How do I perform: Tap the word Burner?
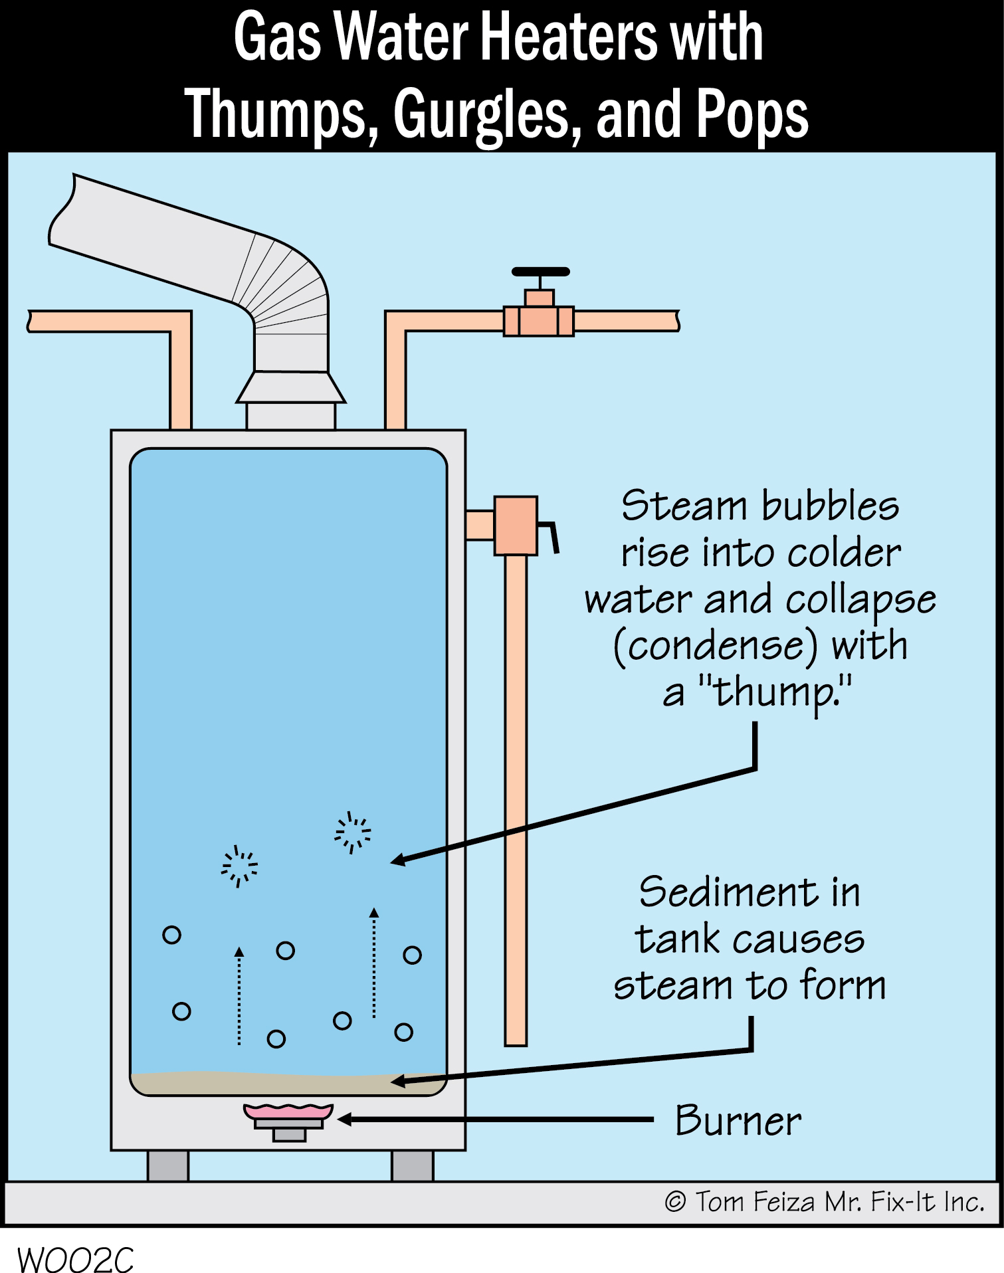click(738, 1122)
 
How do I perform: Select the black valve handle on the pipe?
click(540, 272)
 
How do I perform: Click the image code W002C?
click(74, 1259)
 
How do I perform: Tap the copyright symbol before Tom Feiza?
click(675, 1202)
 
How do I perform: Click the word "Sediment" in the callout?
click(728, 892)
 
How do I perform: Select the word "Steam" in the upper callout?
click(684, 506)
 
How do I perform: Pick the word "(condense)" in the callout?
click(715, 646)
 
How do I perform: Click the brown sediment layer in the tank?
click(288, 1084)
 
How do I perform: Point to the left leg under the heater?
click(167, 1165)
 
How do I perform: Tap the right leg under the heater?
click(412, 1165)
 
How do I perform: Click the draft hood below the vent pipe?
click(291, 387)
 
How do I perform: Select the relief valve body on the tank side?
click(516, 525)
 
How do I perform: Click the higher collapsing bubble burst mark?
click(353, 832)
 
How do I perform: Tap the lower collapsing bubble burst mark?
click(239, 866)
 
